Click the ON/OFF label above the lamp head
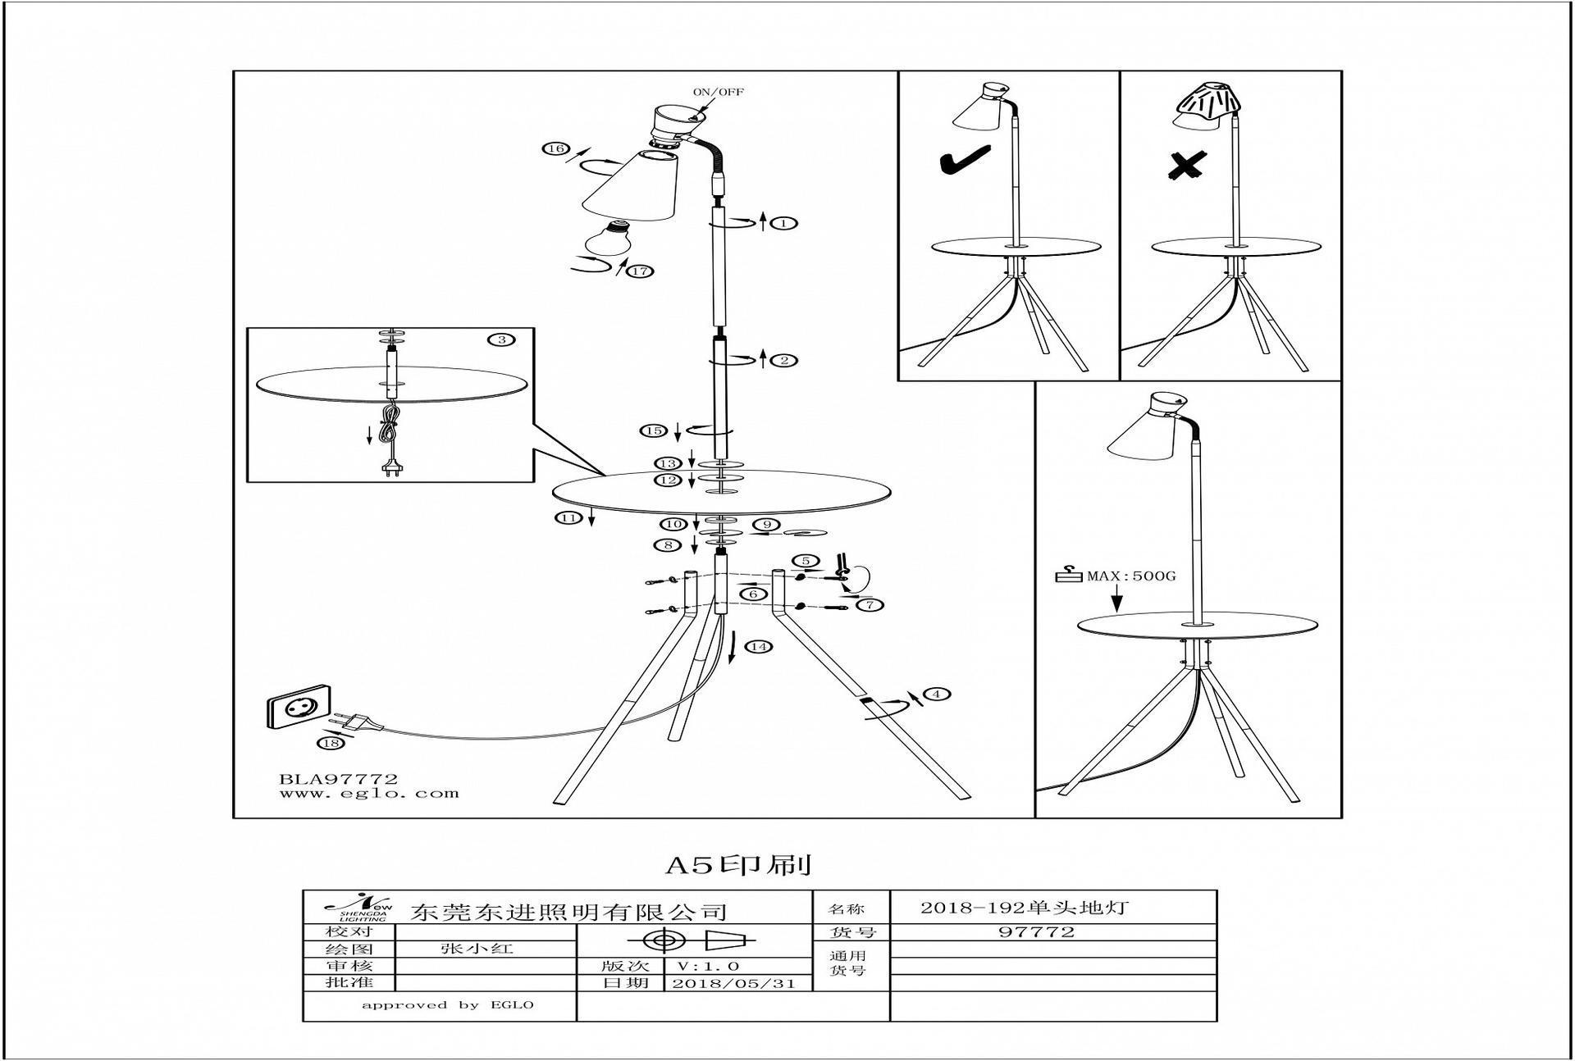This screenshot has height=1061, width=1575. (718, 92)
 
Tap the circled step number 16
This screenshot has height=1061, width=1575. (555, 148)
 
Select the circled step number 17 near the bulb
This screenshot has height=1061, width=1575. (638, 271)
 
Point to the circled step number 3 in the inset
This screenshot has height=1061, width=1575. (500, 339)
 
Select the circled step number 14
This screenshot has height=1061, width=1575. (759, 647)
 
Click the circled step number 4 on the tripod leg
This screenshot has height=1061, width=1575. (936, 694)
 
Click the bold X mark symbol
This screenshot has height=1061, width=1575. (1186, 166)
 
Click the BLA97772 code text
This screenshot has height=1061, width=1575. (338, 779)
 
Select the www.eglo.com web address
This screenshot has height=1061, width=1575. (368, 794)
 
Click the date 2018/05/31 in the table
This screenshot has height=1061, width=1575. (733, 984)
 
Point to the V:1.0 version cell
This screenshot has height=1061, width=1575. (709, 967)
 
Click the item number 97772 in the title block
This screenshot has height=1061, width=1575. (1036, 931)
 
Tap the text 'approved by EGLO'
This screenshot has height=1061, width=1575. (447, 1005)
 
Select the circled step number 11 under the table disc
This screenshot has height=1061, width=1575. (568, 517)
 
